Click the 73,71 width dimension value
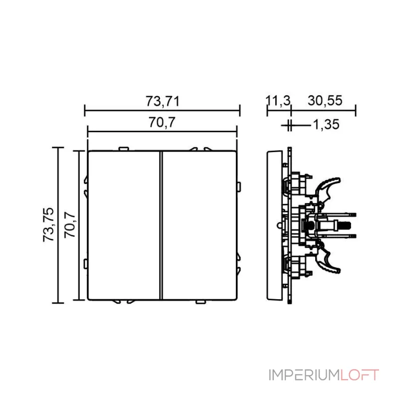tap(163, 101)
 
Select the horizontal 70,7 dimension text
tap(163, 122)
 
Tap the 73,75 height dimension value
tap(48, 225)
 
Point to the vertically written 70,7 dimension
tap(70, 225)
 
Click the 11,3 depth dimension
tap(278, 101)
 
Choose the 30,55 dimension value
tap(325, 101)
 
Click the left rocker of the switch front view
tap(123, 225)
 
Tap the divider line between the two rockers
tap(161, 225)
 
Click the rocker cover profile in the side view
tap(274, 225)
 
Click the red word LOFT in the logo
tap(360, 375)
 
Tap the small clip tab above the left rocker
tap(122, 148)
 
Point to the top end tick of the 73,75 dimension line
tap(58, 148)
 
